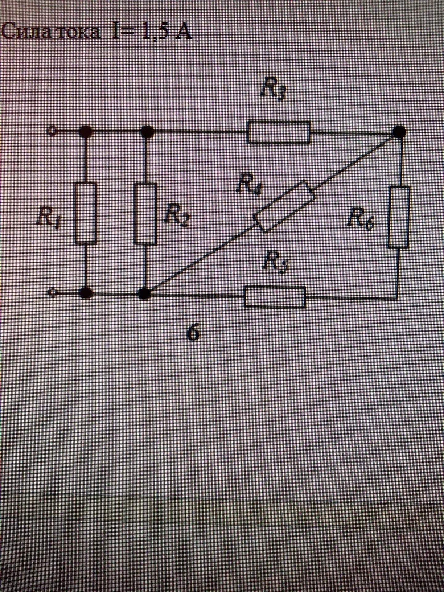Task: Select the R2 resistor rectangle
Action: pyautogui.click(x=145, y=214)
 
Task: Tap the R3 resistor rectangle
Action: pyautogui.click(x=279, y=132)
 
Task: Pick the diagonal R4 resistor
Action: pyautogui.click(x=285, y=206)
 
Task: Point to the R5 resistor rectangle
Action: pyautogui.click(x=275, y=297)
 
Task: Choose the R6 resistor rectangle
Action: pyautogui.click(x=399, y=217)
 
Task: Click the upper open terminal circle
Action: pyautogui.click(x=52, y=131)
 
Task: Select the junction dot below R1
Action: pyautogui.click(x=85, y=293)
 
